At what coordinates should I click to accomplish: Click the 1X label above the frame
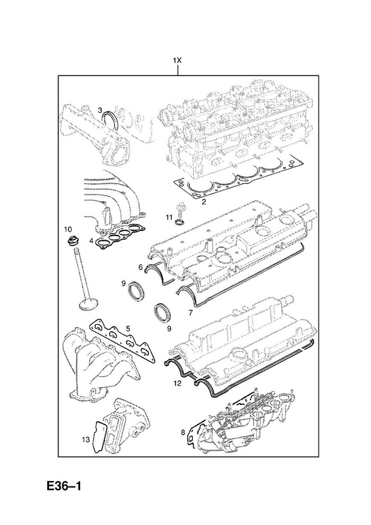point(177,60)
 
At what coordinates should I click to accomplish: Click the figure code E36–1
point(64,486)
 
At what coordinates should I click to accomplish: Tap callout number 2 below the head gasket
point(203,201)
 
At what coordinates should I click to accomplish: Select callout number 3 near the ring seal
point(100,110)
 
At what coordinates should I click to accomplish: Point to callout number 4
point(90,240)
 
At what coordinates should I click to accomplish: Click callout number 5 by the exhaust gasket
point(127,329)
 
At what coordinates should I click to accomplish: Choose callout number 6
point(141,268)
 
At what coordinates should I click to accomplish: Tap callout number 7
point(190,313)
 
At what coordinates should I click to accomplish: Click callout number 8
point(183,432)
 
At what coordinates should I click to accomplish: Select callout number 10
point(68,229)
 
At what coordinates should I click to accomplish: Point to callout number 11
point(169,217)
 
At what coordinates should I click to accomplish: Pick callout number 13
point(86,440)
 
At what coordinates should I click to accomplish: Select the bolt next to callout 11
point(181,209)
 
